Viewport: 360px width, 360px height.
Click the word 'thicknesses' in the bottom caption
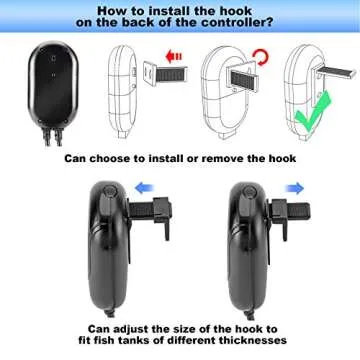pos(249,341)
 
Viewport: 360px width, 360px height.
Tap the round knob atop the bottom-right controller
pos(238,190)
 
